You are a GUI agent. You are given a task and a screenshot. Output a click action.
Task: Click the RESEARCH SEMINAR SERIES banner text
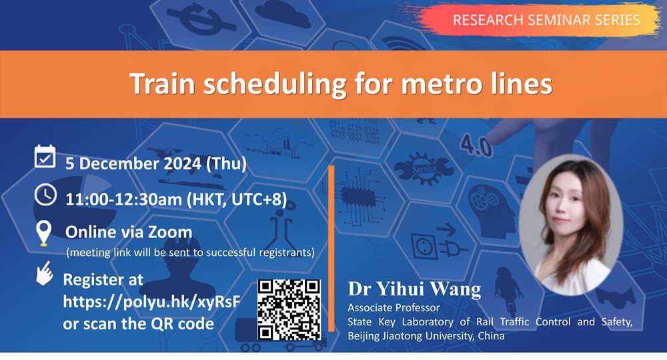(x=546, y=20)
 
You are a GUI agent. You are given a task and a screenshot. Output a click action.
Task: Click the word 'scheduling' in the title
(x=275, y=84)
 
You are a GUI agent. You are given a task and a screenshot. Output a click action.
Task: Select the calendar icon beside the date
(x=45, y=157)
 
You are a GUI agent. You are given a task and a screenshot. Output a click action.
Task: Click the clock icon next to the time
(x=45, y=195)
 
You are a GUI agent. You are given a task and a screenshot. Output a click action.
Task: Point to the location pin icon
(x=44, y=233)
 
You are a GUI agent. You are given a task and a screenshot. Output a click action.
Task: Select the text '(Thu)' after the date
(x=226, y=164)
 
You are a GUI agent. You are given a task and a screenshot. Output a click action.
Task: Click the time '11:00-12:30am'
(x=123, y=199)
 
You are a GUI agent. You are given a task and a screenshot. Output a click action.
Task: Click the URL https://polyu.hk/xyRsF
(x=151, y=302)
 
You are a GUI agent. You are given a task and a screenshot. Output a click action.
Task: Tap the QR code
(x=289, y=310)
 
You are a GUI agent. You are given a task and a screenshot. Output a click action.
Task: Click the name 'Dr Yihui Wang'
(x=414, y=289)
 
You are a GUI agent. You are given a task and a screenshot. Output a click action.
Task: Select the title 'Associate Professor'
(x=394, y=308)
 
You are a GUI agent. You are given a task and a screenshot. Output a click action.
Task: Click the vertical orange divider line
(x=331, y=249)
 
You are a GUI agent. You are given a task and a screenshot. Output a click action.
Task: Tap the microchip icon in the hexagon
(x=358, y=197)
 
